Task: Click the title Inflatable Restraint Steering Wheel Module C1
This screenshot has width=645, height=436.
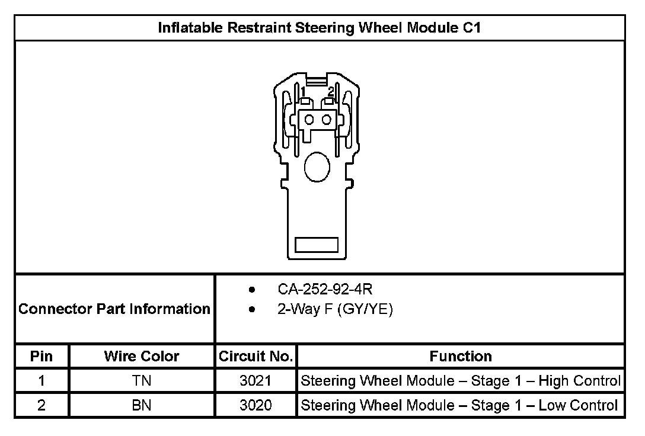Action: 319,27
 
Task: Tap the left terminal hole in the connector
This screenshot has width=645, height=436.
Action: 309,120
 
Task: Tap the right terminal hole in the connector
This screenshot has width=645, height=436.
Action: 327,120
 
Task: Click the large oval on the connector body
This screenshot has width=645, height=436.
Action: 317,167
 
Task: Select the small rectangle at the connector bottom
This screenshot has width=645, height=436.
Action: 317,245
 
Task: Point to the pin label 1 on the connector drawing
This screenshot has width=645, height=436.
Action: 303,91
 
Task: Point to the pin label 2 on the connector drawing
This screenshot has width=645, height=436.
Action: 331,91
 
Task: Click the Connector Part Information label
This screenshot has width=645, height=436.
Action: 114,309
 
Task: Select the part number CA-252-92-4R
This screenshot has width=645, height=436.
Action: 325,289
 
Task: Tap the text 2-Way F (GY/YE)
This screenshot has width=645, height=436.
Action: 336,309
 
